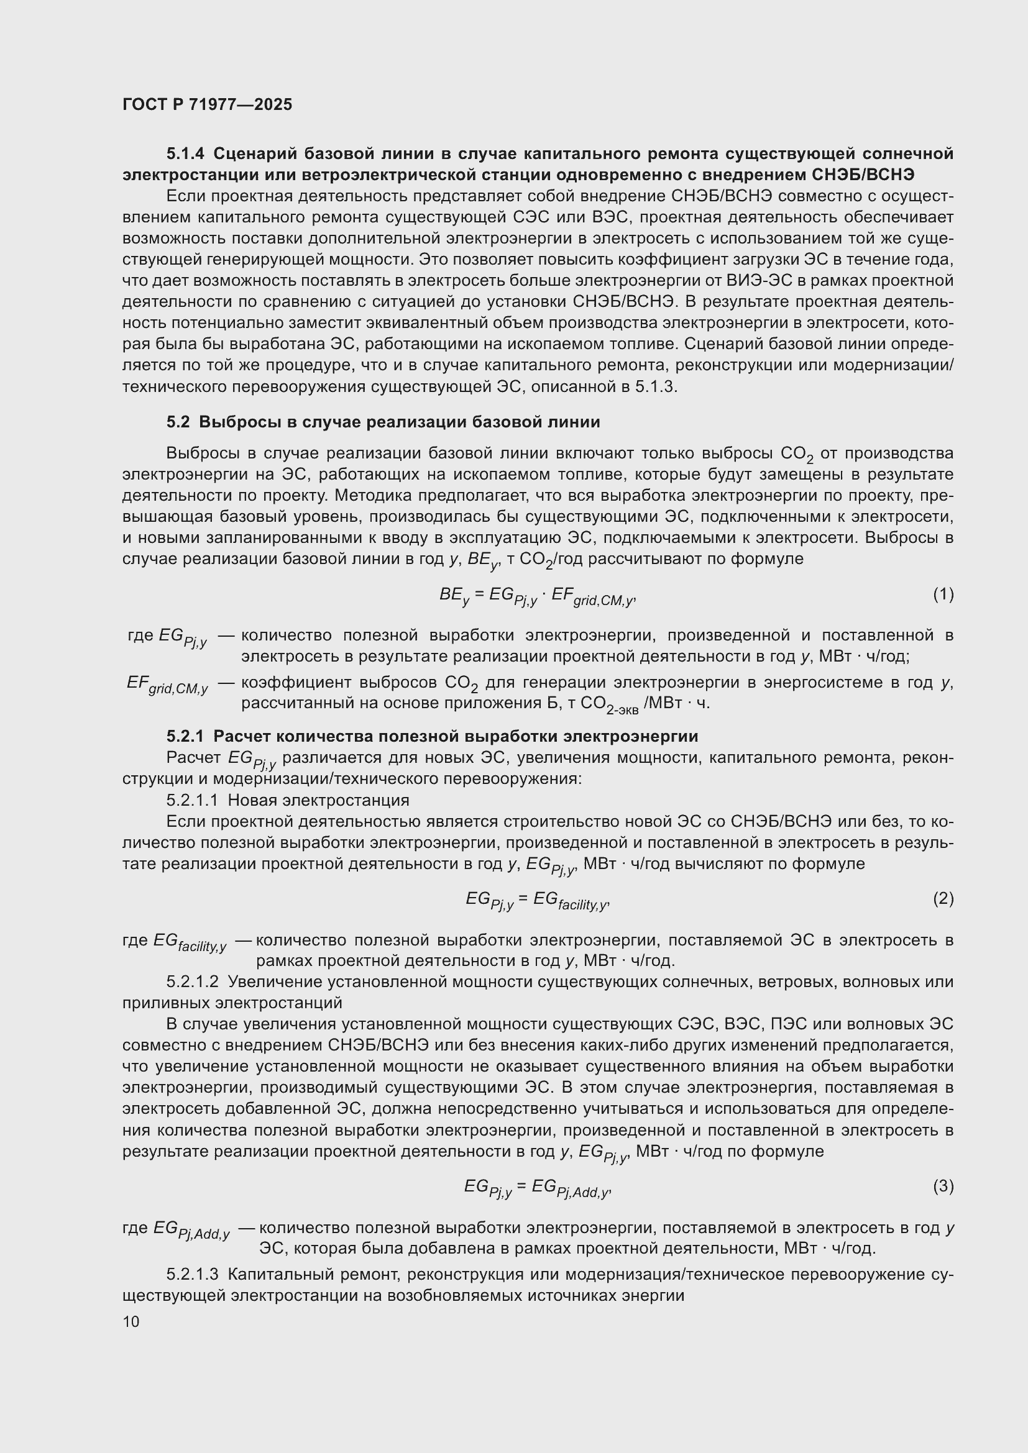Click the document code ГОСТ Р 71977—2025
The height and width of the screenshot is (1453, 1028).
click(x=207, y=104)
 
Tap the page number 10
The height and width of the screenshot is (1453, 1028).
click(x=131, y=1321)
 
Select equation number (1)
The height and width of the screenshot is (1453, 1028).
click(x=943, y=594)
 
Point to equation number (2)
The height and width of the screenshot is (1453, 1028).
click(x=943, y=898)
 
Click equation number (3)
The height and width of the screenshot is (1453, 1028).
click(x=943, y=1186)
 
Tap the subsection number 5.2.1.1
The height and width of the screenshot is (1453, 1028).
click(x=193, y=800)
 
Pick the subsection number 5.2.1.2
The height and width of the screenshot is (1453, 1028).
click(x=193, y=982)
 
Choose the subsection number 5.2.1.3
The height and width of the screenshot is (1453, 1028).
click(x=193, y=1274)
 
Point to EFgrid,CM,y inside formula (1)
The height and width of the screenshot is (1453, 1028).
click(x=592, y=596)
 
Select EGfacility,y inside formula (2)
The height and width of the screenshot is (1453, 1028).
click(x=570, y=900)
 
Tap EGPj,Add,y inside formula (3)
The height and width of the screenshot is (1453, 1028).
click(x=570, y=1188)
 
